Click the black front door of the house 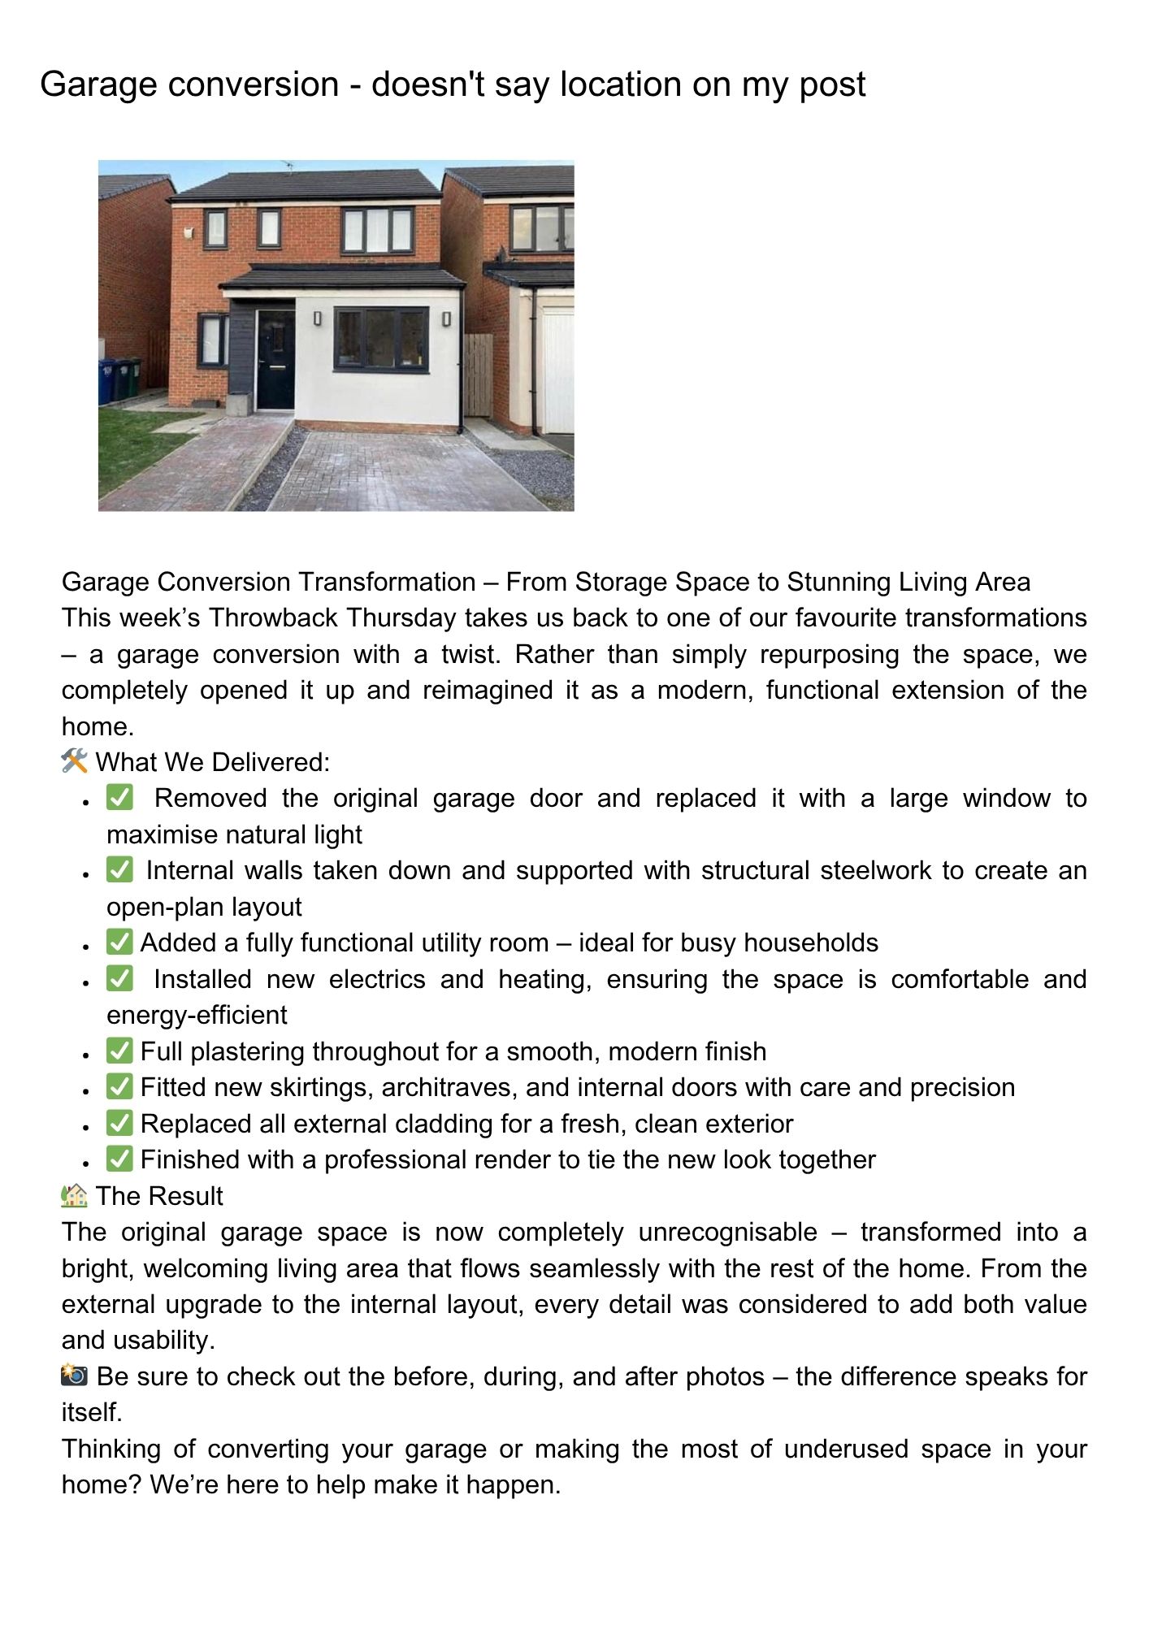coord(275,359)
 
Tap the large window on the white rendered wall coord(381,339)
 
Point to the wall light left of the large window coord(317,318)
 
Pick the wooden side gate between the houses coord(478,375)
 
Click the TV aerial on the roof coord(288,166)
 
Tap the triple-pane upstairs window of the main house coord(378,231)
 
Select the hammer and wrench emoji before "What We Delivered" coord(74,761)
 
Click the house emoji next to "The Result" coord(74,1195)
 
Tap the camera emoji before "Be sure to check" coord(74,1376)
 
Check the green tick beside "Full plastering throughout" coord(119,1051)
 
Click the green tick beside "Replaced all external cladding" coord(119,1123)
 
